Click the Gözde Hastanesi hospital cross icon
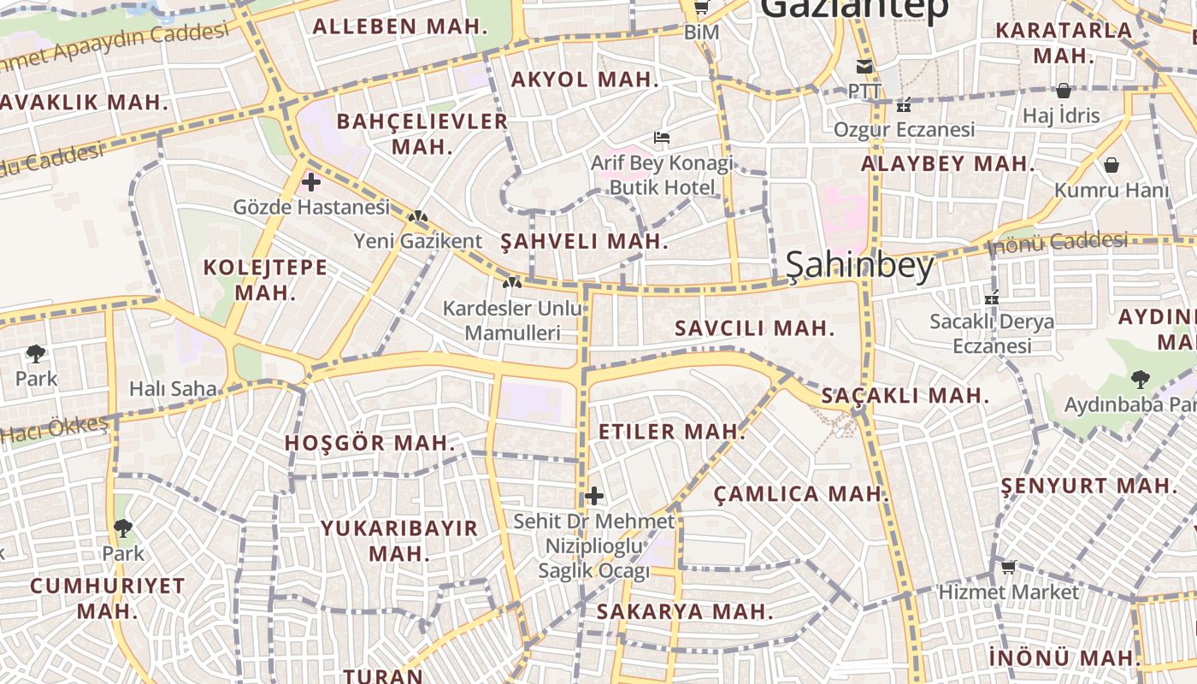(311, 182)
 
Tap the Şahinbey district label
(859, 267)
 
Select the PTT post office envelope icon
(864, 67)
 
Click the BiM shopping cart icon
(701, 8)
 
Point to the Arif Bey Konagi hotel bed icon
(662, 137)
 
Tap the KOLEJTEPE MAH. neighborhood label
(265, 280)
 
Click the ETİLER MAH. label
(672, 432)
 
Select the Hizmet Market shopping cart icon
(1009, 567)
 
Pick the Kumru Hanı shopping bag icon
(1111, 165)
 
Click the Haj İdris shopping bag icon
(1064, 91)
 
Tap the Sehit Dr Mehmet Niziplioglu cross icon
(594, 496)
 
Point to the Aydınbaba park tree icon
(1140, 380)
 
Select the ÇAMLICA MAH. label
(801, 493)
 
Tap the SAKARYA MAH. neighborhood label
(685, 611)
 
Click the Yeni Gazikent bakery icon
(418, 217)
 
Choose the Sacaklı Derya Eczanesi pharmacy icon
(992, 298)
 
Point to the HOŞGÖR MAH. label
(370, 443)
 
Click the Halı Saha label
(173, 389)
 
